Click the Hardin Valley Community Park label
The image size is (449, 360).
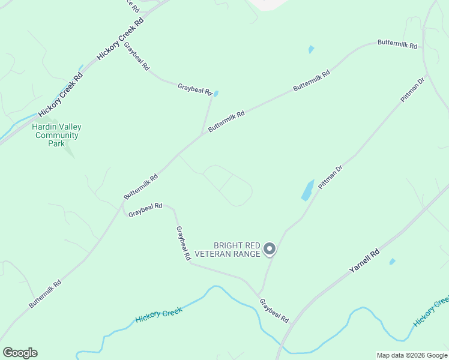(x=56, y=135)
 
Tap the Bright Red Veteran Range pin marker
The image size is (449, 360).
(x=270, y=248)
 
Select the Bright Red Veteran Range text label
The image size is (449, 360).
(x=237, y=250)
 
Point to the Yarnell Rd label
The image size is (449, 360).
(x=364, y=262)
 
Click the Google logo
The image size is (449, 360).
(x=20, y=352)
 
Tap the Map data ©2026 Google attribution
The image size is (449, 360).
(x=412, y=355)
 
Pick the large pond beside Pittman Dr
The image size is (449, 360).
(x=307, y=190)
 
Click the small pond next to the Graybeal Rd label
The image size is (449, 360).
(x=216, y=94)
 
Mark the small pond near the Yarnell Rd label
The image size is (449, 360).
(x=393, y=262)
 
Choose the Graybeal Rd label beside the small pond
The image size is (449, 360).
(x=195, y=90)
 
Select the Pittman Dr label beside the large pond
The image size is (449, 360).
(x=330, y=178)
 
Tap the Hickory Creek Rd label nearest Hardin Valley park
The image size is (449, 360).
(x=61, y=95)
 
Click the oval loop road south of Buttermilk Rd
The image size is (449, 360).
(x=228, y=185)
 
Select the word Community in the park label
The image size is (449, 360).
(x=57, y=135)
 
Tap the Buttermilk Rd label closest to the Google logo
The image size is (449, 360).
(x=45, y=293)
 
